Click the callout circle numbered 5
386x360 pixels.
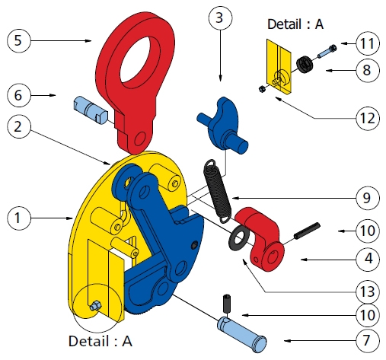point(18,40)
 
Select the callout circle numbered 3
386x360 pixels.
point(220,18)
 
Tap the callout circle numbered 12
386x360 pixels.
point(368,118)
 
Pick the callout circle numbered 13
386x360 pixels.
point(368,292)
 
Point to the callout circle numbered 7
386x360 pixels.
point(368,340)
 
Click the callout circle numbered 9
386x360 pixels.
point(368,198)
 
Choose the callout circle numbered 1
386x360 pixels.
point(18,218)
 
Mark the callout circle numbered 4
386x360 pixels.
point(368,260)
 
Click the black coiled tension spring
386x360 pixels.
point(218,192)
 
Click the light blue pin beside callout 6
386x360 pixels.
point(91,110)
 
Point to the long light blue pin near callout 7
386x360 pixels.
point(241,334)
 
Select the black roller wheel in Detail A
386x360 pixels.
point(305,64)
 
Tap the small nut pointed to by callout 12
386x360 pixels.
point(262,89)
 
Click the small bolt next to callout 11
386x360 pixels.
point(327,51)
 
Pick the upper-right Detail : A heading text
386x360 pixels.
point(295,24)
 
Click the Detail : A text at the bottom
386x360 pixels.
point(100,341)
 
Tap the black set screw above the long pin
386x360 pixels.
point(227,304)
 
